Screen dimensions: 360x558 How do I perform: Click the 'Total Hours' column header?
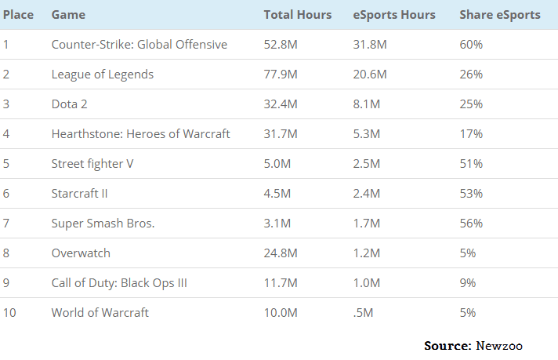pos(297,15)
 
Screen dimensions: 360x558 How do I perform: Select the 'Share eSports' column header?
pos(499,15)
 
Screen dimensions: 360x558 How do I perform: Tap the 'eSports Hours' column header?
pos(393,15)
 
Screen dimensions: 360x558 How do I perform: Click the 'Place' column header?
pos(18,15)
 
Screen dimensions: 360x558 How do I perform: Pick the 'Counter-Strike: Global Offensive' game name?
pos(139,45)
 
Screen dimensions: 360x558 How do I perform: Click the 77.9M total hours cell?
pos(281,75)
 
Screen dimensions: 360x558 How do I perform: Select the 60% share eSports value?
pos(471,45)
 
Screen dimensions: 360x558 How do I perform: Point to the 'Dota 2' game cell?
pos(70,104)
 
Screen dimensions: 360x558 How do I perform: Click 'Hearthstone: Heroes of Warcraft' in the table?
pos(140,134)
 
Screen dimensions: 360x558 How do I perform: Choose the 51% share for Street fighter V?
pos(470,164)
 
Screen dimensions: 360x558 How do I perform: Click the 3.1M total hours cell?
pos(277,224)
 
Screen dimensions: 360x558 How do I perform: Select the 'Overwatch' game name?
pos(81,253)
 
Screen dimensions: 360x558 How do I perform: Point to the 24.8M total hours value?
pos(281,253)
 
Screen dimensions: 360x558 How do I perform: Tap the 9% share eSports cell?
pos(468,283)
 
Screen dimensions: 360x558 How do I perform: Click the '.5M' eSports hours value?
pos(363,313)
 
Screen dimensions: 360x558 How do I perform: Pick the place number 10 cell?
pos(9,313)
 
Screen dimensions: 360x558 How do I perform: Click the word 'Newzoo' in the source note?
pos(499,345)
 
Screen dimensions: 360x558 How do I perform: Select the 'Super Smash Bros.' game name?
pos(103,224)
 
